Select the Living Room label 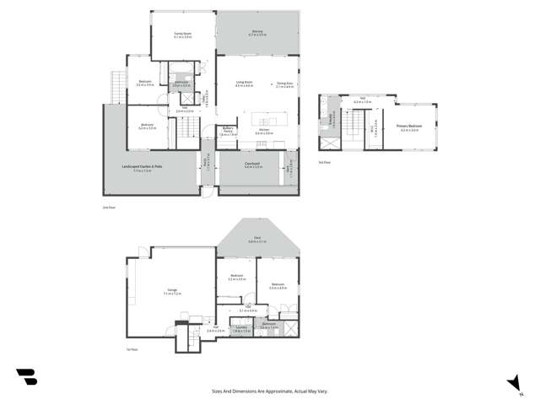tap(245, 82)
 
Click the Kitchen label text tap(263, 130)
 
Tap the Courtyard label tap(251, 165)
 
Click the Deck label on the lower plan tap(256, 239)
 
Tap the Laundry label tap(240, 328)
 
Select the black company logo tap(26, 377)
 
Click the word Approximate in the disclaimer tap(272, 391)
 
